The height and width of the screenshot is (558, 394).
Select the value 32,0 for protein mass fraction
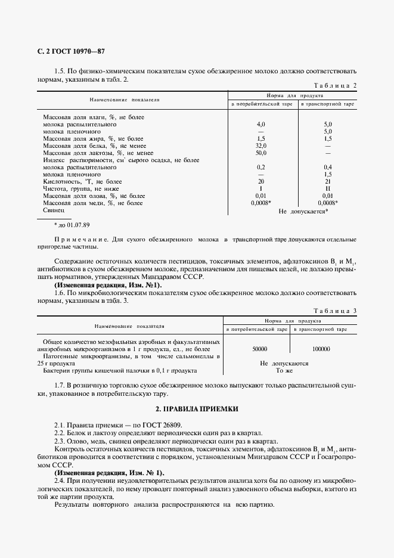260,145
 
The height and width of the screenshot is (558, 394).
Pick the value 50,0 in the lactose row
260,153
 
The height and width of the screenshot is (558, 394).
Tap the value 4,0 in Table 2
260,124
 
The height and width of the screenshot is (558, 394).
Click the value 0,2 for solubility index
260,168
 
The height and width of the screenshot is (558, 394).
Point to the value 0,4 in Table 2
327,168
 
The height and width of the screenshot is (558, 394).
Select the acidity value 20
260,181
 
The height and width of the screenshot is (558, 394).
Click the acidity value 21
327,181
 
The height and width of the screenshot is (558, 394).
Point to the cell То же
284,370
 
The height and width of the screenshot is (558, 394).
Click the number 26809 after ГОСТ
151,424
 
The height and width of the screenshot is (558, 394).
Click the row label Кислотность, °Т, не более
82,181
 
